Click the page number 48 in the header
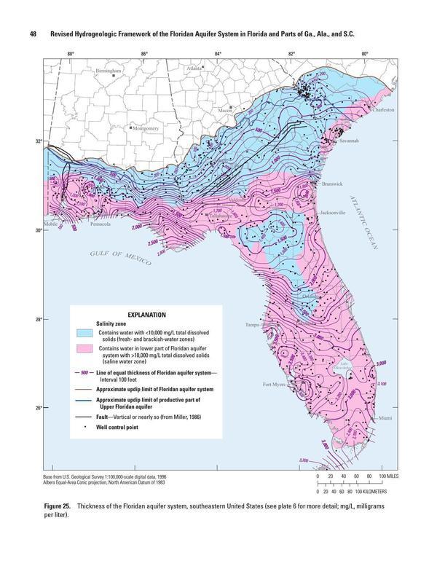[33, 34]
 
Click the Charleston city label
[382, 109]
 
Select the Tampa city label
[252, 325]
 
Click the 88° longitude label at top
[71, 53]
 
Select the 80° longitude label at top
[364, 53]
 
